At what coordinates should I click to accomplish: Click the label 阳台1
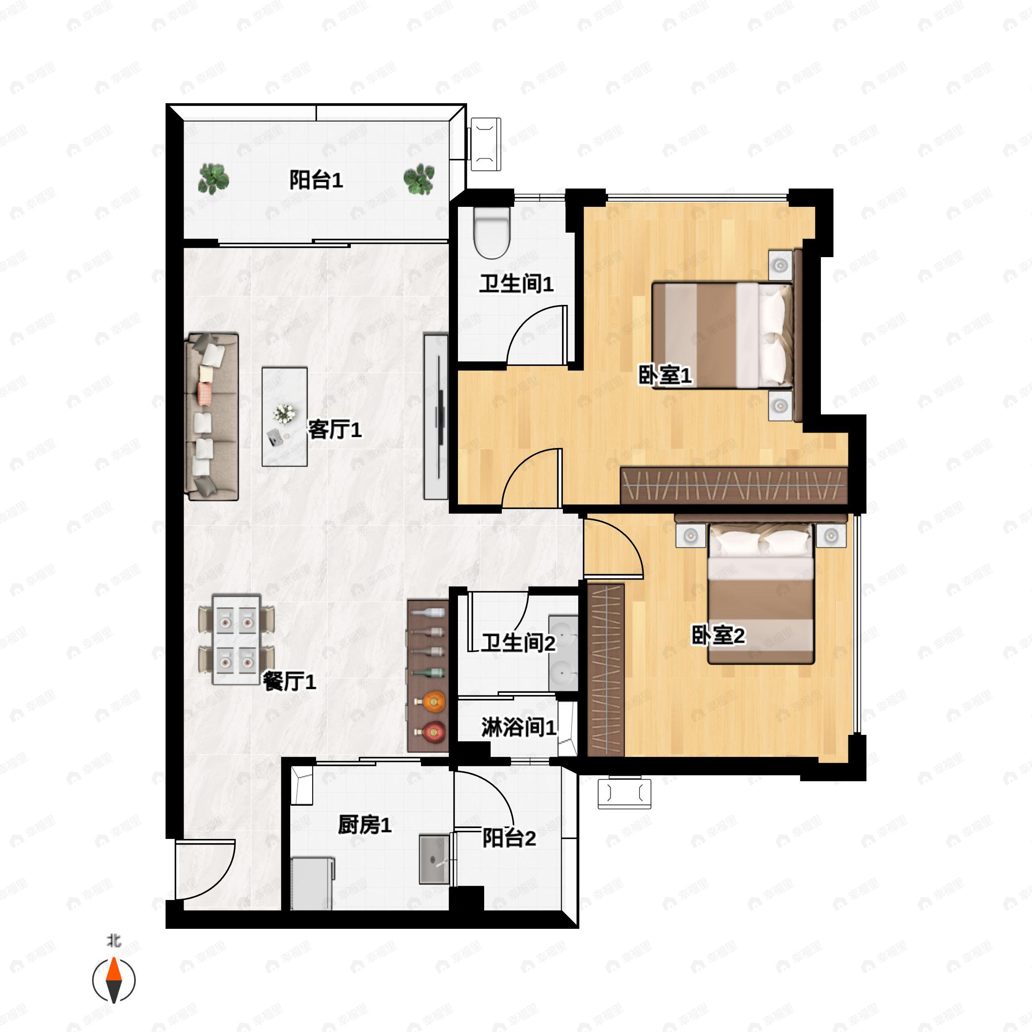click(316, 180)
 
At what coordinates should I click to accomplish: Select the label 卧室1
click(665, 375)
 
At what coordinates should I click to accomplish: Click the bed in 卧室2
click(761, 593)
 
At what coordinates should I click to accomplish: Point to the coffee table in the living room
click(285, 417)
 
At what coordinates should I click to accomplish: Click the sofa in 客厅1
click(211, 417)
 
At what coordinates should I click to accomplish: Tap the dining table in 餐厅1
click(236, 639)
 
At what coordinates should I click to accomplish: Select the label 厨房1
click(364, 825)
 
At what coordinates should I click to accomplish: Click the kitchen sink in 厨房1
click(434, 860)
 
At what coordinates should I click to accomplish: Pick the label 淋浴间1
click(519, 727)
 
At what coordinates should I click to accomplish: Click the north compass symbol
click(114, 981)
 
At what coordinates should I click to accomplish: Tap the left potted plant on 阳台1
click(213, 179)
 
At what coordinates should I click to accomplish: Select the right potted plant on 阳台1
click(419, 179)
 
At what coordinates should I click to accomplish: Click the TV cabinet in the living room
click(436, 417)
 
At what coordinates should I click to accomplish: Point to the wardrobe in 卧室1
click(734, 485)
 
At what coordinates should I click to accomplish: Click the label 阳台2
click(509, 838)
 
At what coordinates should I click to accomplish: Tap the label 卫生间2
click(518, 642)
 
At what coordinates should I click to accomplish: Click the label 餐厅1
click(289, 681)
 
